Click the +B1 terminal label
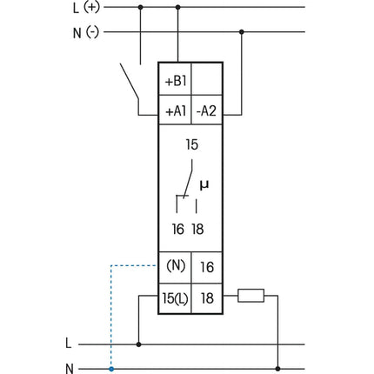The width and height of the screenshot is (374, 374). tap(176, 82)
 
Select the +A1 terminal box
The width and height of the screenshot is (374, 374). tap(175, 110)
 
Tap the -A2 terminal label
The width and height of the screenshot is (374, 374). tap(206, 110)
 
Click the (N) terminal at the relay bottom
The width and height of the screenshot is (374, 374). tap(176, 265)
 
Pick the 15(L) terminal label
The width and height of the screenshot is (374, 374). tap(175, 298)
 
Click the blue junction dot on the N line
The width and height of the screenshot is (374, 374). tap(111, 369)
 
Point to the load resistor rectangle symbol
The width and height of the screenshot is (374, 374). tap(251, 296)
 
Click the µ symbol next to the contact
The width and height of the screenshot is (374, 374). tap(204, 185)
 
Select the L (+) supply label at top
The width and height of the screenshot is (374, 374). tap(86, 8)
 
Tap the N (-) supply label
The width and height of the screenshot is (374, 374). tap(86, 32)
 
